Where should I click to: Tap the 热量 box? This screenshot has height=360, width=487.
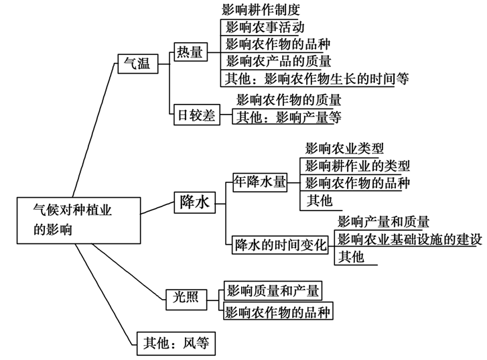click(x=190, y=52)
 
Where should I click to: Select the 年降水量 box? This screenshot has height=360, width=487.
click(x=259, y=182)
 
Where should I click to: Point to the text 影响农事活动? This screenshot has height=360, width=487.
click(x=265, y=27)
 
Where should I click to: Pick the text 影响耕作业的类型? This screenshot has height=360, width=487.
click(x=357, y=166)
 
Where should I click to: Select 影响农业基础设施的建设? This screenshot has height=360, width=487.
click(x=410, y=239)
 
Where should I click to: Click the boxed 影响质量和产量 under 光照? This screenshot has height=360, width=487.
click(x=272, y=290)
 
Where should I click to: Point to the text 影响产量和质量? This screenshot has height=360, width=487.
click(x=383, y=221)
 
